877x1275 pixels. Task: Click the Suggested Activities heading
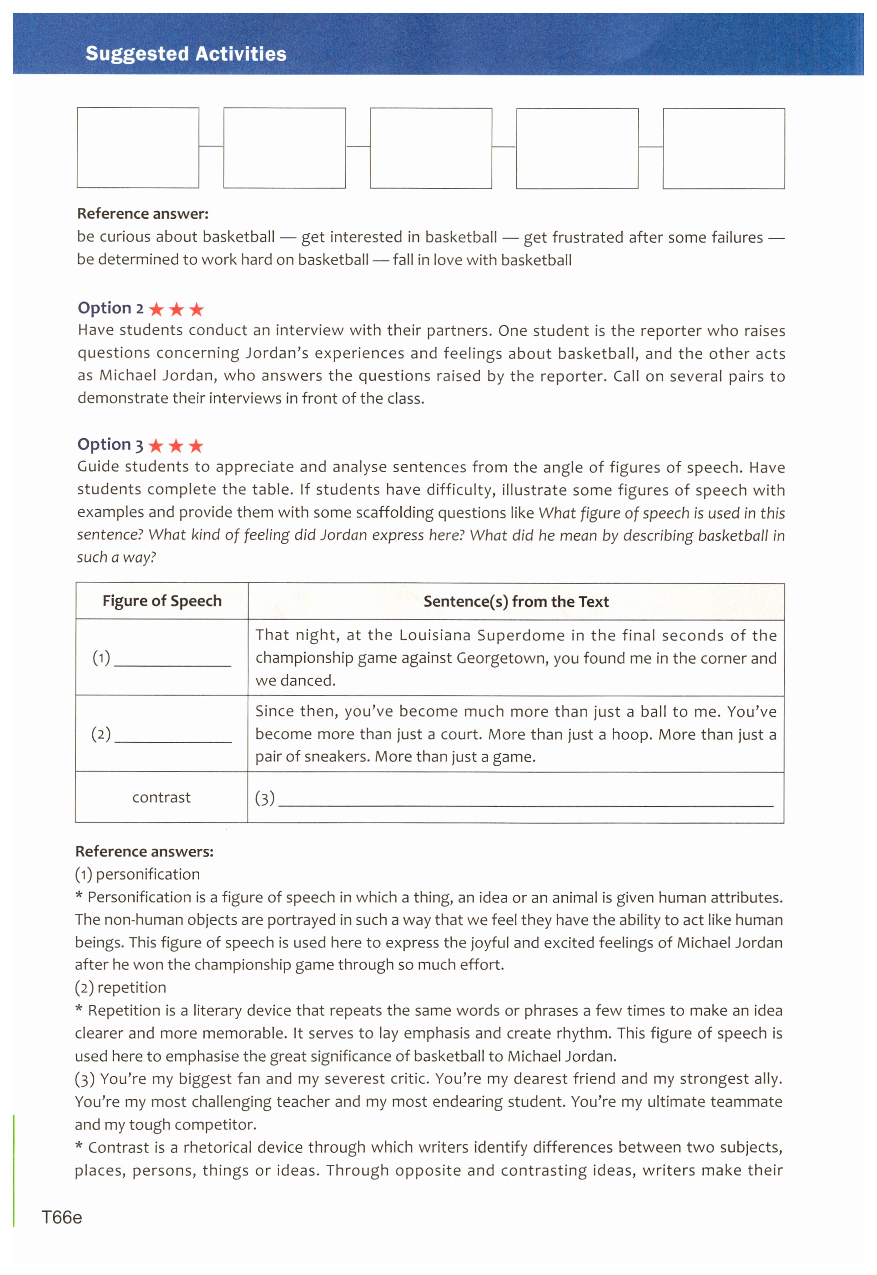(x=186, y=54)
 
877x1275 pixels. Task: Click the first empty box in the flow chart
(x=138, y=148)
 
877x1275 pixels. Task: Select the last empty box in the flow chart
(x=724, y=148)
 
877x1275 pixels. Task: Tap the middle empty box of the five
(x=431, y=148)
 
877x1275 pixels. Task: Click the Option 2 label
(x=111, y=308)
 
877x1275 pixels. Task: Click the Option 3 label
(x=110, y=444)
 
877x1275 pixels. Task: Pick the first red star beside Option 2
(x=156, y=309)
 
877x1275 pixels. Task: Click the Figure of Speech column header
(x=162, y=601)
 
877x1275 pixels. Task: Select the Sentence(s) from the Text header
(x=516, y=601)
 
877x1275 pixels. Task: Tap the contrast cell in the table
(x=161, y=798)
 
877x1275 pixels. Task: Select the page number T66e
(x=61, y=1218)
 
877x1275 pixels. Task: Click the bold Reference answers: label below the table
(x=145, y=852)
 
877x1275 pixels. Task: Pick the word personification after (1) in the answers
(x=148, y=875)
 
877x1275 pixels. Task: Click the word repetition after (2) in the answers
(x=131, y=988)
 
